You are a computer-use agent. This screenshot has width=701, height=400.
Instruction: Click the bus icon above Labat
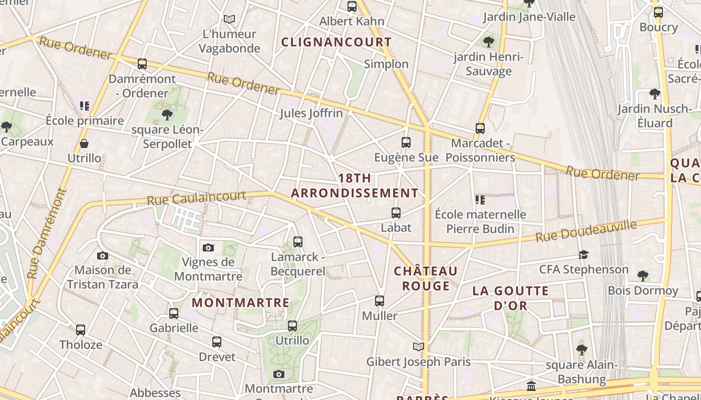396,213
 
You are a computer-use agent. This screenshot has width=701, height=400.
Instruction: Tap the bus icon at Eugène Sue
406,142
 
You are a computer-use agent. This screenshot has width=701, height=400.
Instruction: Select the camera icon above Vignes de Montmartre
208,247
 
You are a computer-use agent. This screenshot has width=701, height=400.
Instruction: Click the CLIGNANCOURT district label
336,42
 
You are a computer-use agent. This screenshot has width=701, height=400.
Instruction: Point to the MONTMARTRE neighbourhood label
241,302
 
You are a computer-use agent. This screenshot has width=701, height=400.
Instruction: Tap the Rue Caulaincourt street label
196,197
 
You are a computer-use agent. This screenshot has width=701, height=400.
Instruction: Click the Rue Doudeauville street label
586,230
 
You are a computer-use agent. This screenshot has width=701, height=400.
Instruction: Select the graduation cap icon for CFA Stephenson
583,255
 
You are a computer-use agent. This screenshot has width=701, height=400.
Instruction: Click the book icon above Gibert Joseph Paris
419,346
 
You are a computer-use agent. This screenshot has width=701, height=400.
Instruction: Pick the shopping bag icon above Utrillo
84,144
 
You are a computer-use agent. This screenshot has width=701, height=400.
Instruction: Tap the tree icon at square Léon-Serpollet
167,115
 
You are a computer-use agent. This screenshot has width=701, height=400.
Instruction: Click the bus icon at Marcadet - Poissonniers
480,128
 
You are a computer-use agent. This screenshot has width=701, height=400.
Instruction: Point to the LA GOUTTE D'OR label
511,298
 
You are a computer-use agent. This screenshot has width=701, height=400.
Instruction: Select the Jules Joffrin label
311,113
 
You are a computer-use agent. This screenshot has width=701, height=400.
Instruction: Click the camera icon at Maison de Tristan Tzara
103,256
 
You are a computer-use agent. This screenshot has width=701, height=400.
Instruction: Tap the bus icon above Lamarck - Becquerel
298,242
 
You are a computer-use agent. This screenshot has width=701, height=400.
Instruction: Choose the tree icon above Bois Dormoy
643,275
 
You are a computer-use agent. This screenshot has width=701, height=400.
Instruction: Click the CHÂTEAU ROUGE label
426,278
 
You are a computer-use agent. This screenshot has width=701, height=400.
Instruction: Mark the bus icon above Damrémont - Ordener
142,64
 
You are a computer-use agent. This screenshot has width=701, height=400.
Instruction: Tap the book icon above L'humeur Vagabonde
229,19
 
